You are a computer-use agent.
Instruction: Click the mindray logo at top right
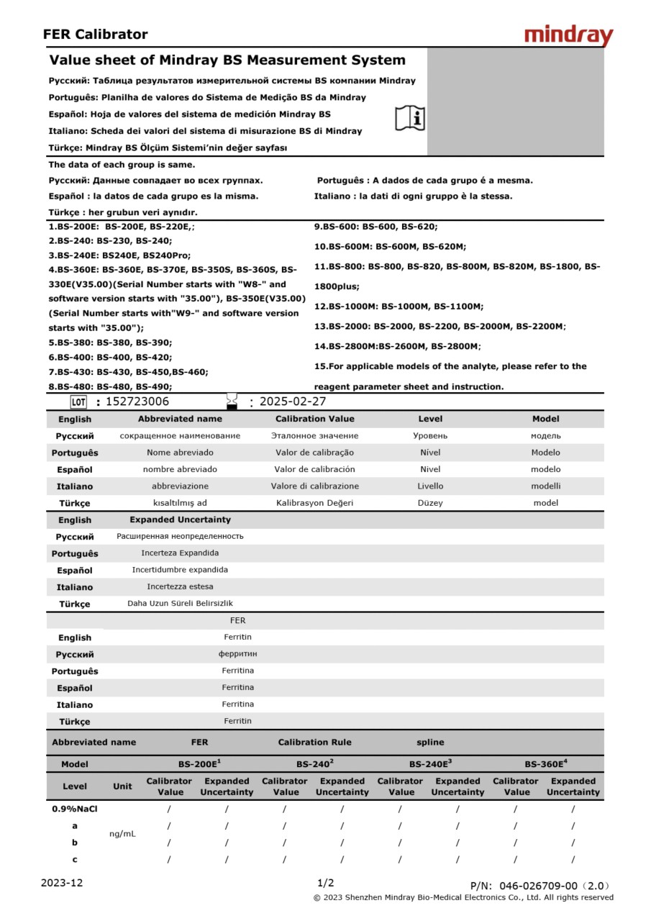click(x=568, y=35)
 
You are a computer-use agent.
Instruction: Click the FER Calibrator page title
click(x=95, y=35)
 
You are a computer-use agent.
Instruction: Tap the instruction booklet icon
click(x=410, y=118)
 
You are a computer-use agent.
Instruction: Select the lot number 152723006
click(x=137, y=402)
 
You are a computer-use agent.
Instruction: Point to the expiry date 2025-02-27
click(x=293, y=402)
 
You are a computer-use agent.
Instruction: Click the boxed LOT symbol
click(x=79, y=402)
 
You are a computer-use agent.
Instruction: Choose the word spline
click(x=430, y=743)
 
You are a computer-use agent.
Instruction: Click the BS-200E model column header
click(x=199, y=764)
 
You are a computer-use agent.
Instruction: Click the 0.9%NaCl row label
click(x=75, y=809)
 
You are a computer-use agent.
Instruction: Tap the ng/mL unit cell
click(x=122, y=834)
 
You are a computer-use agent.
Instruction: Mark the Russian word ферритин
click(x=237, y=654)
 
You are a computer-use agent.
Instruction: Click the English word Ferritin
click(x=237, y=638)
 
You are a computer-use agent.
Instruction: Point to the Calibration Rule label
click(x=314, y=743)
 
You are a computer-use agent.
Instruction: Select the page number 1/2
click(x=325, y=883)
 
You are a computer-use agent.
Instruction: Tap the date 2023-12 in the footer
click(x=62, y=883)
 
